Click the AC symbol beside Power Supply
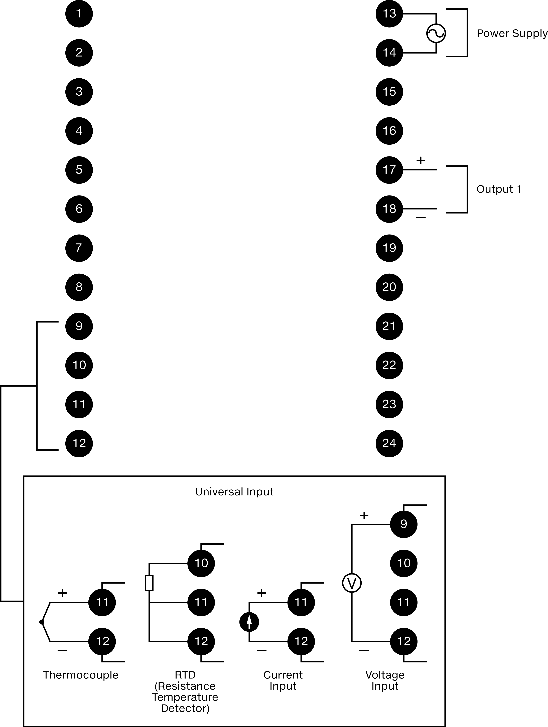coord(436,33)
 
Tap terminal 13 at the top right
coord(389,14)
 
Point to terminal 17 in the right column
coord(389,170)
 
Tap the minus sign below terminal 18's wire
coord(421,218)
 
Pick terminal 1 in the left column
coord(79,14)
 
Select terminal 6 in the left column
coord(79,209)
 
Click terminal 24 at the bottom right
coord(389,443)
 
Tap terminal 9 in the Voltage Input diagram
coord(404,524)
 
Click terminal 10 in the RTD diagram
coord(201,563)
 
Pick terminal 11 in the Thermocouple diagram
coord(102,602)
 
